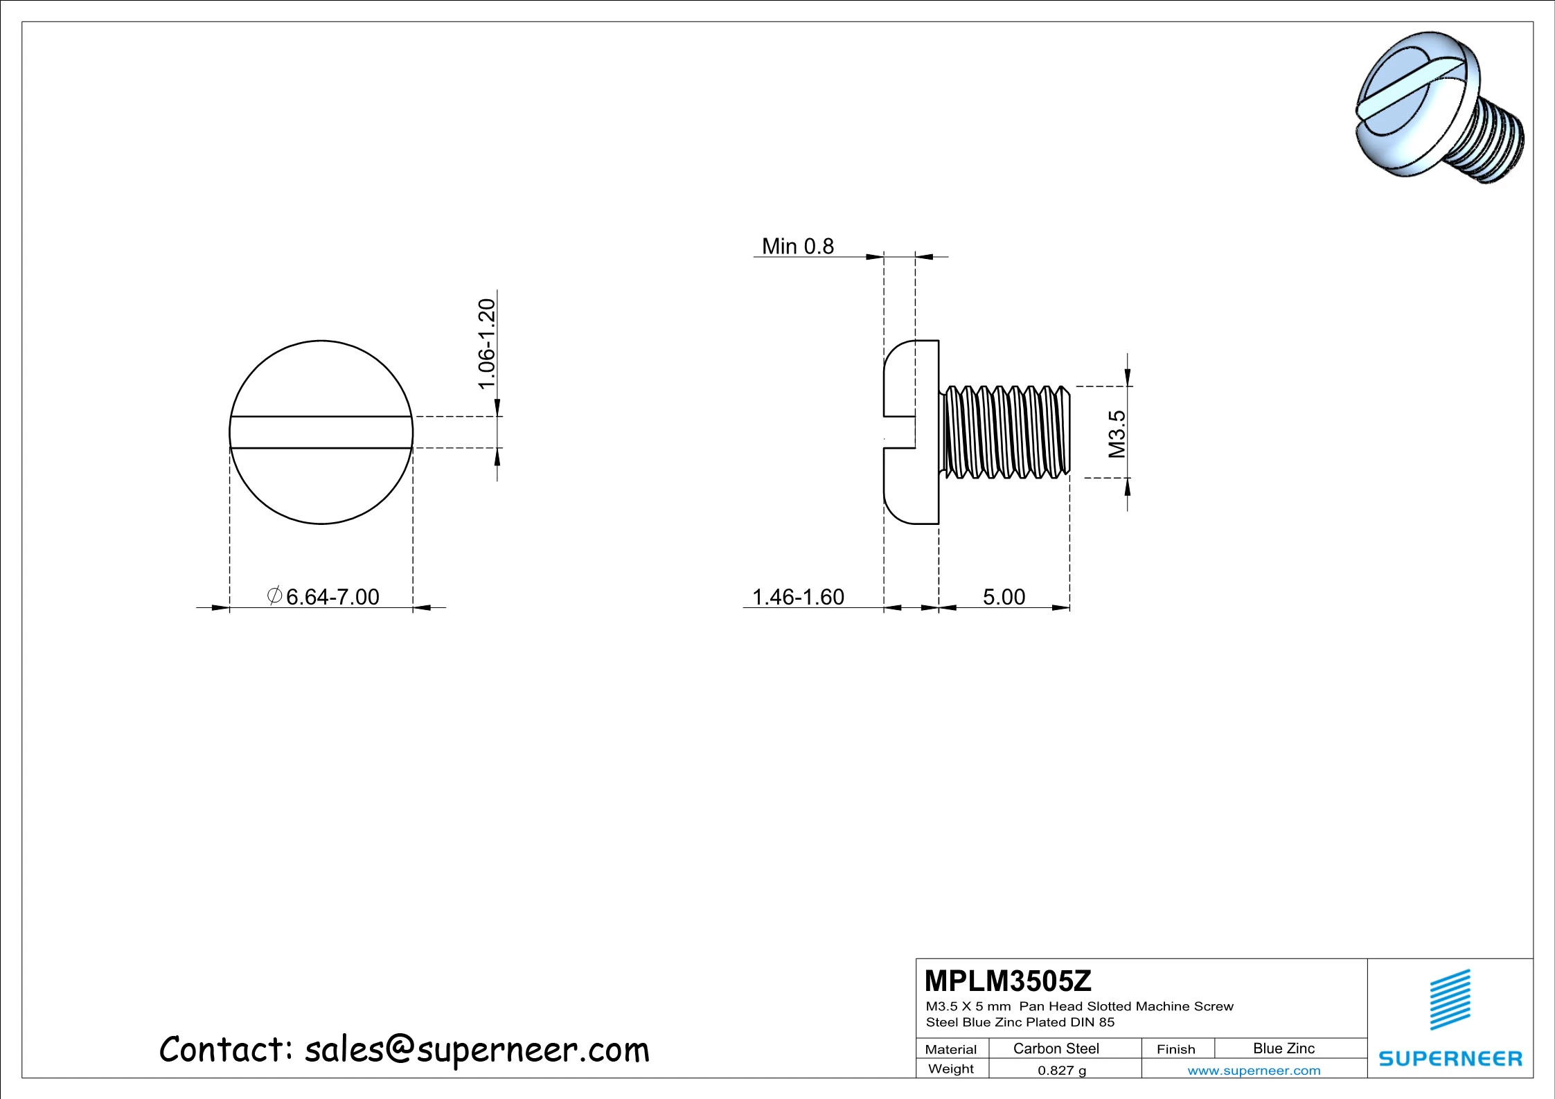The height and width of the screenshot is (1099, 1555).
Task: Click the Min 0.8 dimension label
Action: [797, 247]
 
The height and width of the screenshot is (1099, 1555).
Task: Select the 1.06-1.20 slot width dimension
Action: [488, 343]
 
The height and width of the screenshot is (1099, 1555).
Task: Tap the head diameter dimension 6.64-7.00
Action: [332, 597]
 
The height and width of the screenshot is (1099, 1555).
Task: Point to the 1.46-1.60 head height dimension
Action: [798, 597]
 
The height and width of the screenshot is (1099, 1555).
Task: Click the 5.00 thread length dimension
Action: [1004, 597]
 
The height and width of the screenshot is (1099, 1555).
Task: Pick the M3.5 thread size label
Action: [1117, 434]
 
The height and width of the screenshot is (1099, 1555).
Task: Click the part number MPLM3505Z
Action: [1008, 981]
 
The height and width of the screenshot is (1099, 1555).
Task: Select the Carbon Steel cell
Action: [1056, 1048]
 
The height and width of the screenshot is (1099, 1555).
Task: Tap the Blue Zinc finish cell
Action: [1283, 1048]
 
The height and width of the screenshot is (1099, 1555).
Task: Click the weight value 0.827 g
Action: [1061, 1071]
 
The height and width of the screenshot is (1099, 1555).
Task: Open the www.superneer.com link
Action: [1254, 1071]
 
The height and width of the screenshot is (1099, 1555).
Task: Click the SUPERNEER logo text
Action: [1450, 1059]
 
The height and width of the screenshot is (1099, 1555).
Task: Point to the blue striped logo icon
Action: [1450, 999]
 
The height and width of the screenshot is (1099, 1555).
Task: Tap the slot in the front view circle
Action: [321, 432]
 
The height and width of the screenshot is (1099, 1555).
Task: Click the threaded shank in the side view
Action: [1004, 432]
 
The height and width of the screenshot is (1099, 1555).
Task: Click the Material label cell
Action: [951, 1049]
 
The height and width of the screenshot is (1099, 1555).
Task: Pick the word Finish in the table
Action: [1175, 1049]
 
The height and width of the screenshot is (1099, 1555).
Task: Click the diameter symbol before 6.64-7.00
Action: [274, 595]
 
